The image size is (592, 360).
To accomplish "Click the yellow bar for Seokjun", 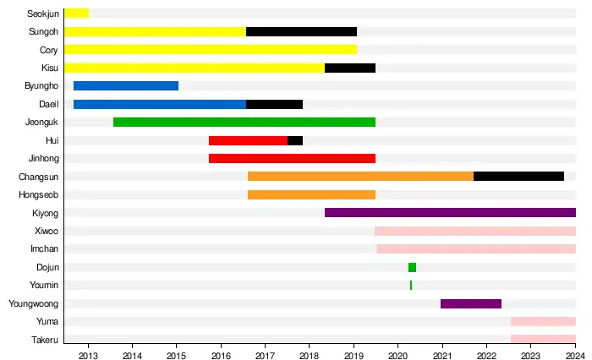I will coord(76,14).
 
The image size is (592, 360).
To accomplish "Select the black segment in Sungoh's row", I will coord(301,31).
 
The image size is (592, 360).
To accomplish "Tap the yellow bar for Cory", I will coord(210,50).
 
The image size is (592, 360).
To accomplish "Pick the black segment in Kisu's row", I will coord(350,68).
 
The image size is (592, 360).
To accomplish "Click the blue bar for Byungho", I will coord(126,85).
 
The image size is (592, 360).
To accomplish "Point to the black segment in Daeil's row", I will coord(274,104).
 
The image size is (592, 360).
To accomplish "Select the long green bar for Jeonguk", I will coord(244,122).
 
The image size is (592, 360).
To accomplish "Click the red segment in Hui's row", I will coord(248,140).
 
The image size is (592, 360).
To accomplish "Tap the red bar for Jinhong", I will coord(292,158).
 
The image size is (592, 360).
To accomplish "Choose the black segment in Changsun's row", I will coord(518,176).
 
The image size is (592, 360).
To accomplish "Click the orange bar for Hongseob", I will coord(311,194).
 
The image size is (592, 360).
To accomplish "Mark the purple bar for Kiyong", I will coord(450,212).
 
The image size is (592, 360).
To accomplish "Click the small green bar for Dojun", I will coord(412,267).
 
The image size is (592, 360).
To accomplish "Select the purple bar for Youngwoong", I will coord(471,303).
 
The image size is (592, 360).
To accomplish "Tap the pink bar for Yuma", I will coord(543,321).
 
